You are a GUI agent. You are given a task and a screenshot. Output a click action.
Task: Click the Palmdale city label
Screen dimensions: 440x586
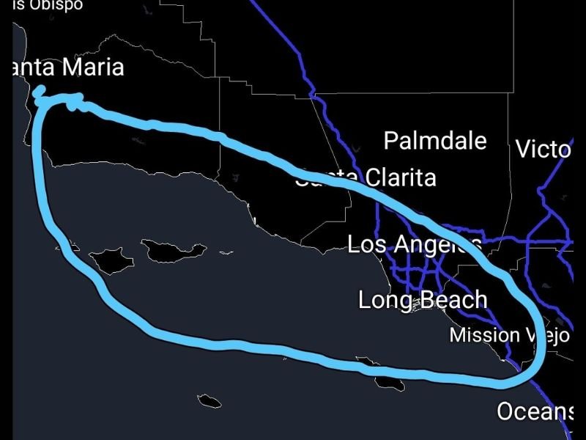[435, 140]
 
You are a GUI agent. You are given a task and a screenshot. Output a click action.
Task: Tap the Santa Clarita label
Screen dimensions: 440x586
[366, 177]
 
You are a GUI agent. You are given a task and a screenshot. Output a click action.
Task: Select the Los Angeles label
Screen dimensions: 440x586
[415, 244]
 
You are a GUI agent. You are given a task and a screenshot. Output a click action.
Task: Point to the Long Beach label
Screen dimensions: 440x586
[423, 299]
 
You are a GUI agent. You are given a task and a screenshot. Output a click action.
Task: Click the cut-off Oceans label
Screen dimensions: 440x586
[535, 411]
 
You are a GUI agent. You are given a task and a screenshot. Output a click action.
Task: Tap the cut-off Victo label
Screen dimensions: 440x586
[543, 150]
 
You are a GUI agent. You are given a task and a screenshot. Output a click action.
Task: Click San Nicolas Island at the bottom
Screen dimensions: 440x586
[209, 400]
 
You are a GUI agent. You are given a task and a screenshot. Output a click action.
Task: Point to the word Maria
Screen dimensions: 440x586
[92, 67]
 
